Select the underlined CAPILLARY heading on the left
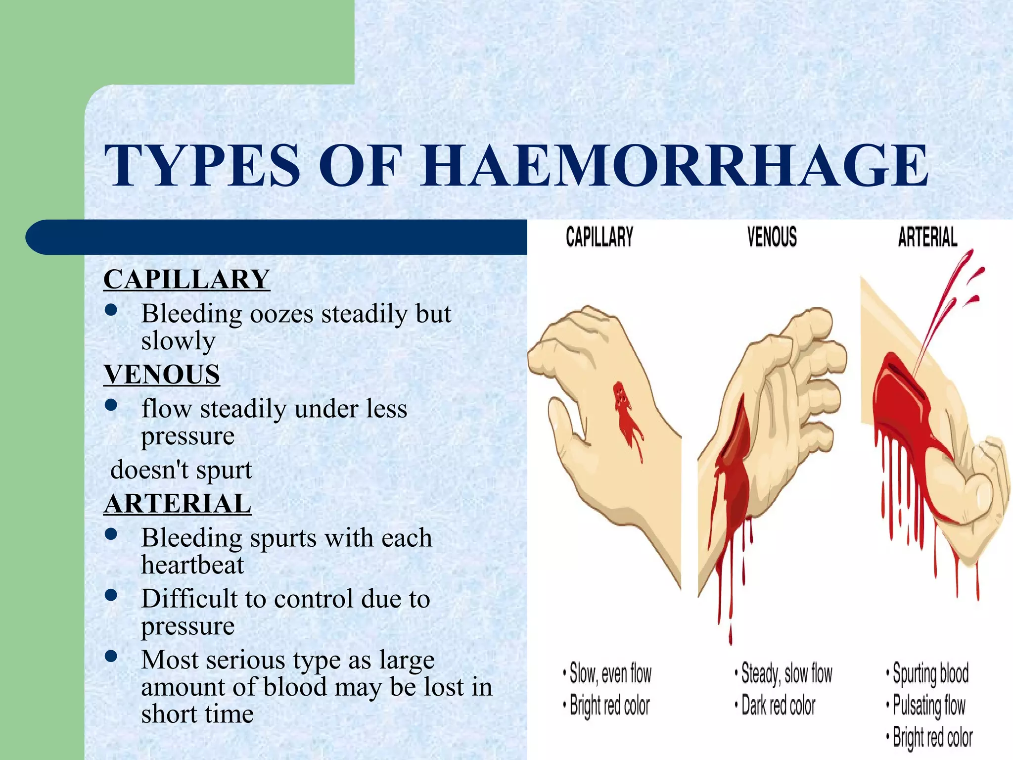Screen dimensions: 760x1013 pos(186,279)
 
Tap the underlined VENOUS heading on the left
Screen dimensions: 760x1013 pos(162,374)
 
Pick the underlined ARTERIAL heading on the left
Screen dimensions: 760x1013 pos(178,504)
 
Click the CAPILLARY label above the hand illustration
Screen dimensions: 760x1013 pos(599,237)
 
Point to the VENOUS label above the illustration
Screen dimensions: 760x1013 pos(772,237)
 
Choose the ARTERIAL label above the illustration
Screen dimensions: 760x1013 pos(927,237)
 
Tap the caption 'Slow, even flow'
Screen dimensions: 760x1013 pos(610,673)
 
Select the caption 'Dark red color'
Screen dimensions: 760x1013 pos(778,706)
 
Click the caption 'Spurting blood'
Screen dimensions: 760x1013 pos(930,673)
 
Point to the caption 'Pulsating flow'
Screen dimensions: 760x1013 pos(929,706)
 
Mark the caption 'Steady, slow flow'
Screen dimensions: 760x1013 pos(786,673)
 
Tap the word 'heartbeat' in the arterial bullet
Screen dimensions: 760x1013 pos(192,565)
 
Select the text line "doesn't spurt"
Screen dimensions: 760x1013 pos(181,470)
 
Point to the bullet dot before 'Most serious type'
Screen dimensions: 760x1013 pos(111,656)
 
